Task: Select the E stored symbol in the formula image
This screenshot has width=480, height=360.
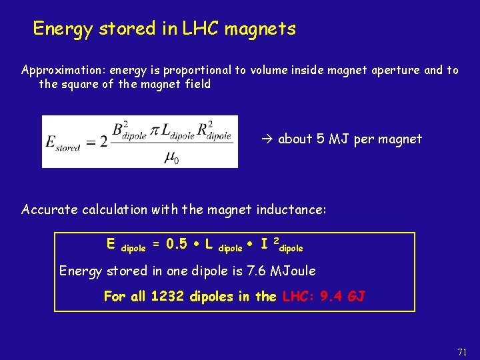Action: coord(63,142)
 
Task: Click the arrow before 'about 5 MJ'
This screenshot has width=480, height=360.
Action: coord(268,139)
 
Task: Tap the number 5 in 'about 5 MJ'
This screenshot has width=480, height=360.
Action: coord(320,139)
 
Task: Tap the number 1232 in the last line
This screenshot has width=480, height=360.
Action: coord(169,296)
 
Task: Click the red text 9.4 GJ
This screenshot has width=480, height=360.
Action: coord(342,296)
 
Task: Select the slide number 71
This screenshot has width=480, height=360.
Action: coord(463,351)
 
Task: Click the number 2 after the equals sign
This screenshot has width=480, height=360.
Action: coord(103,142)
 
